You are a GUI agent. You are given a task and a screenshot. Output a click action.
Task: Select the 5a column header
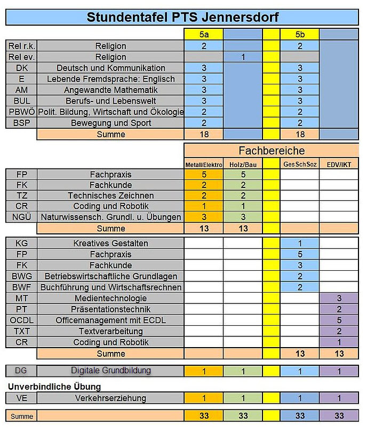click(204, 34)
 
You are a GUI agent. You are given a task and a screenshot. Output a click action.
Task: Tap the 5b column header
click(300, 34)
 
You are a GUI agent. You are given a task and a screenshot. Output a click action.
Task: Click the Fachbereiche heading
click(272, 151)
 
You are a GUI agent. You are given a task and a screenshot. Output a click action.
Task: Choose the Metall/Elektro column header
click(204, 164)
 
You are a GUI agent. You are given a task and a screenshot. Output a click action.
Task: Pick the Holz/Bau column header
click(243, 164)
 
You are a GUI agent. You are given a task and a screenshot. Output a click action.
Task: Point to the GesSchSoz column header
click(300, 164)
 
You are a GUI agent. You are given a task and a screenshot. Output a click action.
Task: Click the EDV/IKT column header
click(339, 164)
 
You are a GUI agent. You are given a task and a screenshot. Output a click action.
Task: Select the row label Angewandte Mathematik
click(111, 90)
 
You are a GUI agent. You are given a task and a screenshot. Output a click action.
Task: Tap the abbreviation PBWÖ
click(22, 112)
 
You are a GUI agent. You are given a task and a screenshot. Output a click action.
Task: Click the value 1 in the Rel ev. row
click(243, 57)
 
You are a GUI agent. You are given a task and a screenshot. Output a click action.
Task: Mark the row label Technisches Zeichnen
click(111, 195)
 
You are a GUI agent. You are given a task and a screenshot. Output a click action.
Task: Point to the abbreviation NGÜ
click(22, 217)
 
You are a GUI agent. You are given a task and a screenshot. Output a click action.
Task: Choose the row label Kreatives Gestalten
click(111, 244)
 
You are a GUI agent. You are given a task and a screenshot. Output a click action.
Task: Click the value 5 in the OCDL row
click(339, 320)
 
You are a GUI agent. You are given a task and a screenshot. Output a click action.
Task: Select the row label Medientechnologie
click(111, 298)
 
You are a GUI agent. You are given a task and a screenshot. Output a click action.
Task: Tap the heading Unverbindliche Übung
click(54, 386)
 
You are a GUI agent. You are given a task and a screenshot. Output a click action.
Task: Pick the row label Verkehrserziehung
click(111, 398)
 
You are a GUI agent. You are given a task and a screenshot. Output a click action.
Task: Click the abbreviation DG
click(20, 371)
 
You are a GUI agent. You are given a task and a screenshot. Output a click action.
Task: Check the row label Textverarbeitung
click(111, 331)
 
